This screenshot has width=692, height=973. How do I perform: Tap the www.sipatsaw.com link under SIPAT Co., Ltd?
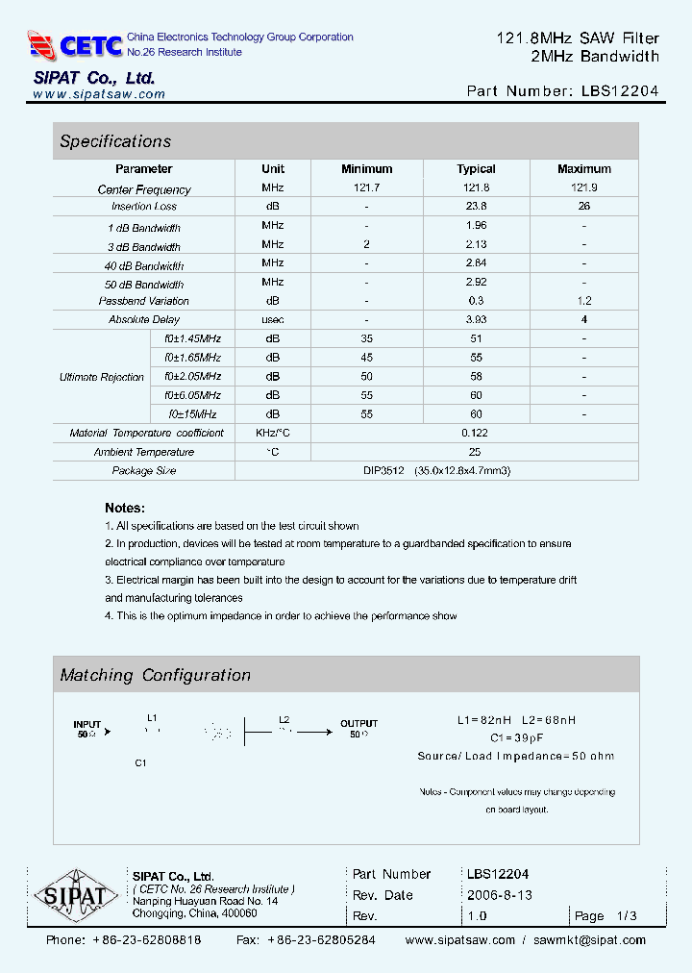[x=99, y=94]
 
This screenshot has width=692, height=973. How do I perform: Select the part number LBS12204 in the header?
[x=620, y=91]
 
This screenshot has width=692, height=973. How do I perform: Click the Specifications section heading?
[x=115, y=141]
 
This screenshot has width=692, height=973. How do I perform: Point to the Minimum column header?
[x=366, y=169]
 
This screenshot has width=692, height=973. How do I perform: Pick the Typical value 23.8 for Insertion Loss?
[x=476, y=206]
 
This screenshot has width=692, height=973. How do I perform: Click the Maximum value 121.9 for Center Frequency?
[x=583, y=188]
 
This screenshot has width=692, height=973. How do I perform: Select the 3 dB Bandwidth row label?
[x=144, y=246]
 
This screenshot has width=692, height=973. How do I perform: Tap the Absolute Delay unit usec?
[x=273, y=319]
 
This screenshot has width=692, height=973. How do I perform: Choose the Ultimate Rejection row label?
[x=102, y=377]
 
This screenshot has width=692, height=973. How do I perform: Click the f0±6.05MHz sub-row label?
[x=192, y=395]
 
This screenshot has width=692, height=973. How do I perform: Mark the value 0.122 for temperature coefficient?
[x=476, y=433]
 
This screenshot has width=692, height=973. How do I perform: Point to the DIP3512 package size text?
[x=382, y=471]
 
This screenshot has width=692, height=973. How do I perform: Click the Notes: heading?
[x=125, y=508]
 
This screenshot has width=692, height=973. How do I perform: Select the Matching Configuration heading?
[x=156, y=675]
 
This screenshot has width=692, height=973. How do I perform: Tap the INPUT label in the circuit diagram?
[x=86, y=724]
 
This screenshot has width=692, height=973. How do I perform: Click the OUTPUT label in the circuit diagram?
[x=358, y=723]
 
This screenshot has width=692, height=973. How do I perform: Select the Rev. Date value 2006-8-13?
[x=499, y=895]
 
